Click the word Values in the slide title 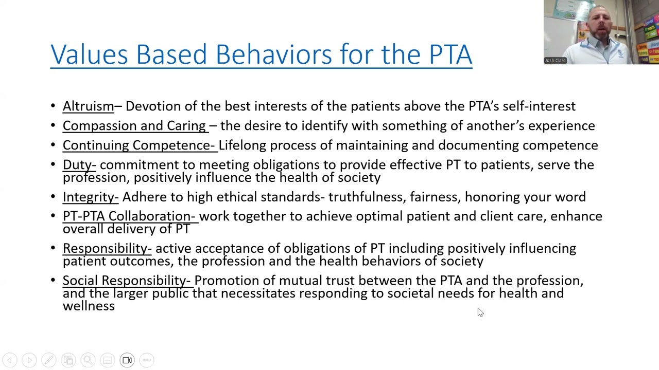point(89,54)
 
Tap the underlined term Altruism point(88,106)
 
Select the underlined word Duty point(79,165)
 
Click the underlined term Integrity point(90,197)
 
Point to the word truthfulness point(366,197)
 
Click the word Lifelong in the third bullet point(242,145)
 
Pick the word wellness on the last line point(89,306)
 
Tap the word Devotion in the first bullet point(153,106)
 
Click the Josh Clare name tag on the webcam point(555,61)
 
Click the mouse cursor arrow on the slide point(480,312)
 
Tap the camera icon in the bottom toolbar point(127,360)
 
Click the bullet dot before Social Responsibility point(53,281)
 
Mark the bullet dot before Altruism point(53,106)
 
